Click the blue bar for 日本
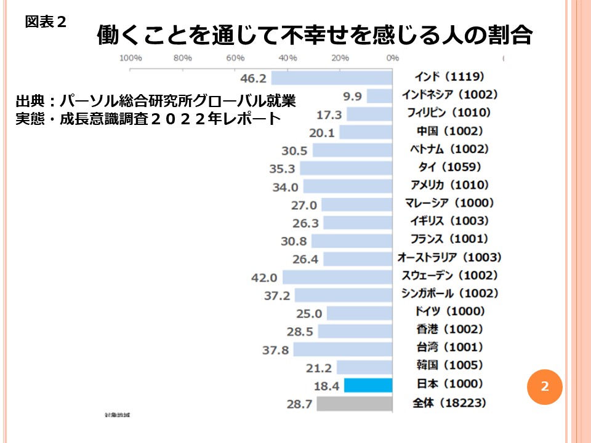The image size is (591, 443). point(368,385)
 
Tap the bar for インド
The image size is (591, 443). point(332,78)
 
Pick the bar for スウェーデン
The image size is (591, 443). point(337,277)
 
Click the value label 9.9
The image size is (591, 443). point(352,96)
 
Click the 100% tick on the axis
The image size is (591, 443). point(130,58)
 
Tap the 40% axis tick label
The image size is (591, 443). point(287,58)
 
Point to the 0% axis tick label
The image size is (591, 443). point(392,58)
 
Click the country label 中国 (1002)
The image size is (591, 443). point(447,131)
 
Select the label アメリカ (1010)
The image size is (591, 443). point(449,185)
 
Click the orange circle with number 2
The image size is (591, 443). point(544,386)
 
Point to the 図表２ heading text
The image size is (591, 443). point(45,22)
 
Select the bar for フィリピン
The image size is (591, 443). point(369,114)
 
